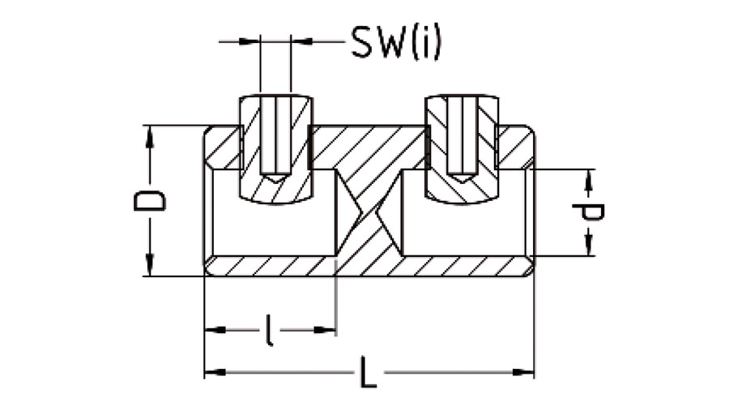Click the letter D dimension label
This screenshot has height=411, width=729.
click(x=150, y=201)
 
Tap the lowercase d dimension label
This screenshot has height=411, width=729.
click(x=589, y=212)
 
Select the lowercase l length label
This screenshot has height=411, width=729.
click(x=269, y=330)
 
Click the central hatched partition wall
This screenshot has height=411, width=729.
click(x=369, y=203)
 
